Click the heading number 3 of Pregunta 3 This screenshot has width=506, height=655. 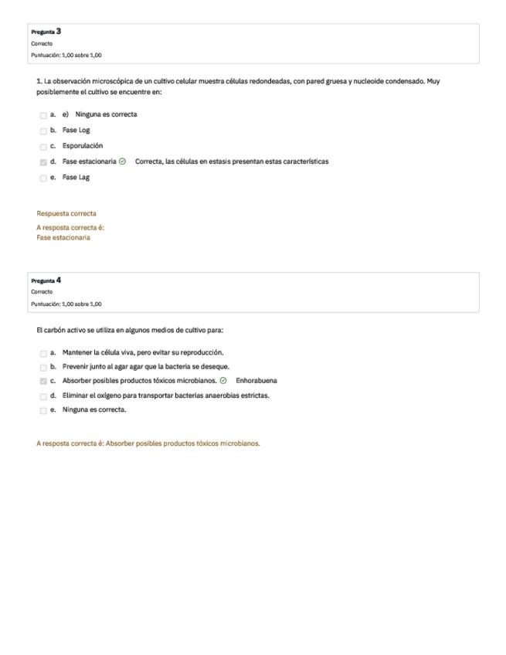(59, 31)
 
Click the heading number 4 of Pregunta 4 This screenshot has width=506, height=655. (59, 280)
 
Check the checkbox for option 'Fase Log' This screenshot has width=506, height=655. (43, 131)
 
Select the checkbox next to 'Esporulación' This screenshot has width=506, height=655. (43, 146)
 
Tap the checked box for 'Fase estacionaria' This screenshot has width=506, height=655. (43, 162)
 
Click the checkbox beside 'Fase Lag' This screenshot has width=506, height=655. (43, 178)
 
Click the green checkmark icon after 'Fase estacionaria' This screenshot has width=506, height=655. (123, 161)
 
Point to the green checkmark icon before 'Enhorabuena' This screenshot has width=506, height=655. (223, 381)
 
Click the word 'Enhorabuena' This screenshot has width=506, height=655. (256, 381)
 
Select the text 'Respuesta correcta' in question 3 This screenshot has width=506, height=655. (66, 213)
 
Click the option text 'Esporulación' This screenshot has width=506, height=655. (83, 146)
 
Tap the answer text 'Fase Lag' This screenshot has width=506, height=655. (76, 178)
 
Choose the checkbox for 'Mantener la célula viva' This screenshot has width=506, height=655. (43, 353)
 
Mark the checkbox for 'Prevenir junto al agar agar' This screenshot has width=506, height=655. (43, 367)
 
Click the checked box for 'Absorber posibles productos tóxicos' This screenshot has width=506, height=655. (43, 382)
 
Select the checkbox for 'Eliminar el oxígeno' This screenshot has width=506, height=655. (43, 396)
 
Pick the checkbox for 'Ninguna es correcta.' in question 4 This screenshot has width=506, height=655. (43, 410)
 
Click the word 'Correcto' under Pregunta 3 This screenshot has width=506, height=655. (42, 44)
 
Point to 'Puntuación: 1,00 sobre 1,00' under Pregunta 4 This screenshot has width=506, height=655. (66, 304)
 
